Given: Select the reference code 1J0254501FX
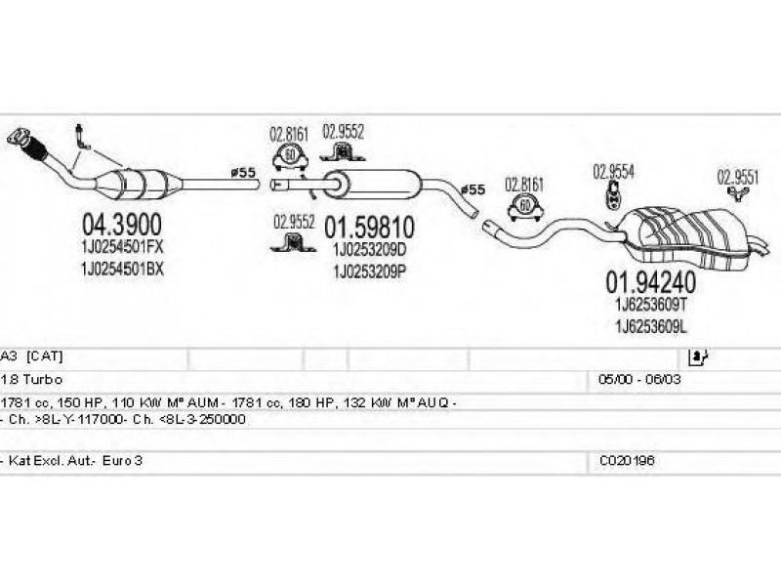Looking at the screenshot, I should [x=121, y=250].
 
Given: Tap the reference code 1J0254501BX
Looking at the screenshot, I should [x=121, y=269].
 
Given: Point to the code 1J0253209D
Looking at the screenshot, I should [x=369, y=250].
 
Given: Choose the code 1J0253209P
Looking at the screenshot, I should [x=369, y=271].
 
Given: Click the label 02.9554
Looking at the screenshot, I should [x=613, y=171].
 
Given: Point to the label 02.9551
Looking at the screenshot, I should [x=738, y=177].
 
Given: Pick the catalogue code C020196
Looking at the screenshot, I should [x=623, y=459].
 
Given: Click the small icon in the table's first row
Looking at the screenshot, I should [x=697, y=356].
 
